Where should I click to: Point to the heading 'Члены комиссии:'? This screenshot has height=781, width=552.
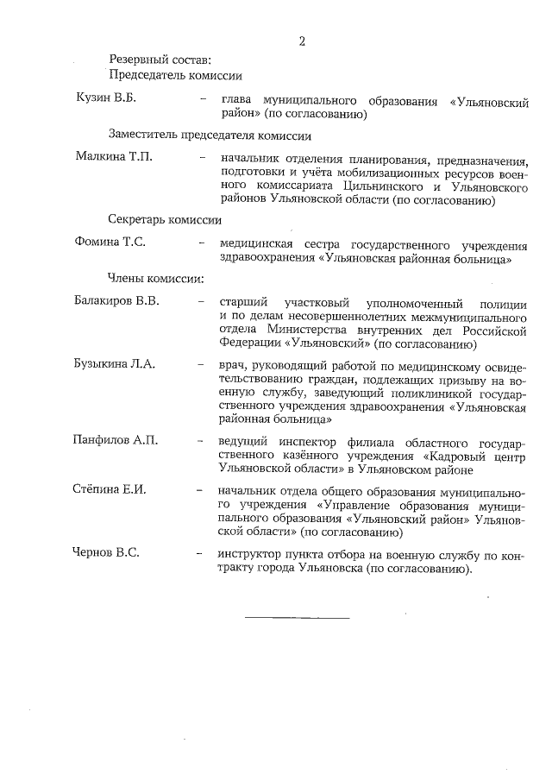tap(155, 279)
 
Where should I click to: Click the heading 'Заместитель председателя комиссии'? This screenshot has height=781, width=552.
tap(210, 135)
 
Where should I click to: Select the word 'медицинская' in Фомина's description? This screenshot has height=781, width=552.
tap(256, 242)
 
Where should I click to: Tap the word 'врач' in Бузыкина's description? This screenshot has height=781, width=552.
tap(233, 364)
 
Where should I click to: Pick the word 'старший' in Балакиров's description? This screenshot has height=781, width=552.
tap(243, 303)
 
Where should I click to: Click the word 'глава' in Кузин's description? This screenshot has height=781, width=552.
tap(237, 101)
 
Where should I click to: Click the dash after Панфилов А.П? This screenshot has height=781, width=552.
tap(201, 441)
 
